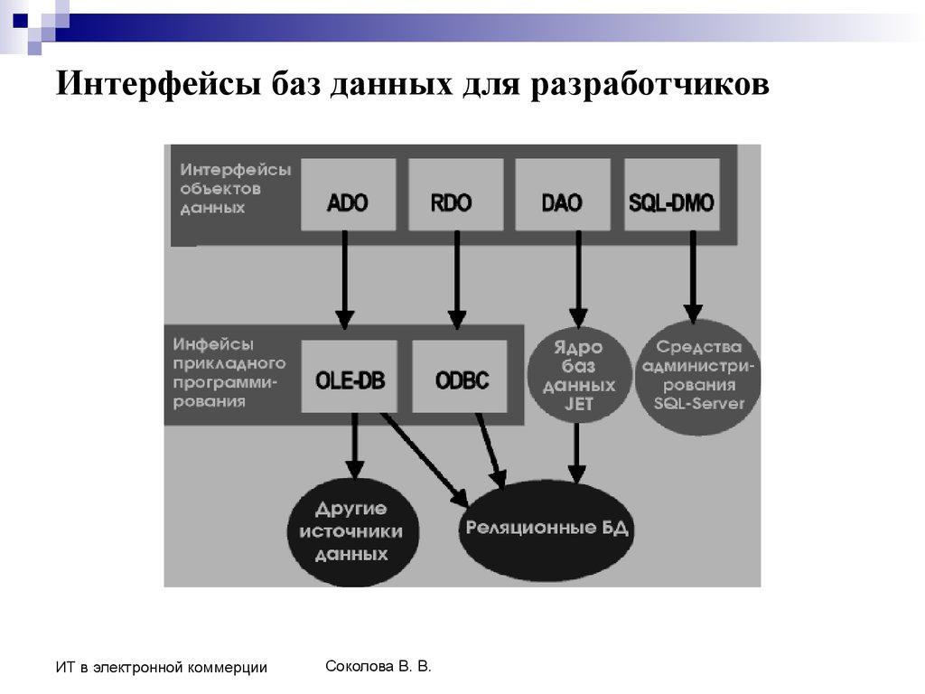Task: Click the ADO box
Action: [348, 200]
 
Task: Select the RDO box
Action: [455, 200]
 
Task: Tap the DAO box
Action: [563, 200]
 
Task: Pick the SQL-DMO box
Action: [672, 200]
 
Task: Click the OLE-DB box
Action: [350, 378]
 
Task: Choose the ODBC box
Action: [461, 378]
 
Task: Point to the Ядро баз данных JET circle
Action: [578, 376]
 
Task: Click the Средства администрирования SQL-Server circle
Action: [699, 376]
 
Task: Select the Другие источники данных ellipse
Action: [351, 531]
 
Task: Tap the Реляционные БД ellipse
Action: [546, 530]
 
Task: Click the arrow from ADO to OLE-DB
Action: [344, 280]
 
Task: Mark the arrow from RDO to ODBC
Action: [457, 280]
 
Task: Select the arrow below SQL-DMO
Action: [693, 276]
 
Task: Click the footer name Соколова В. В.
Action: [378, 667]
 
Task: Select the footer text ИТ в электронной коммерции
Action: [161, 668]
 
